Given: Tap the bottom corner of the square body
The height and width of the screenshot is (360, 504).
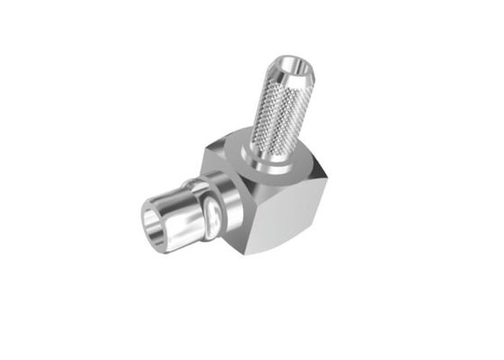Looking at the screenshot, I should (256, 252).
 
